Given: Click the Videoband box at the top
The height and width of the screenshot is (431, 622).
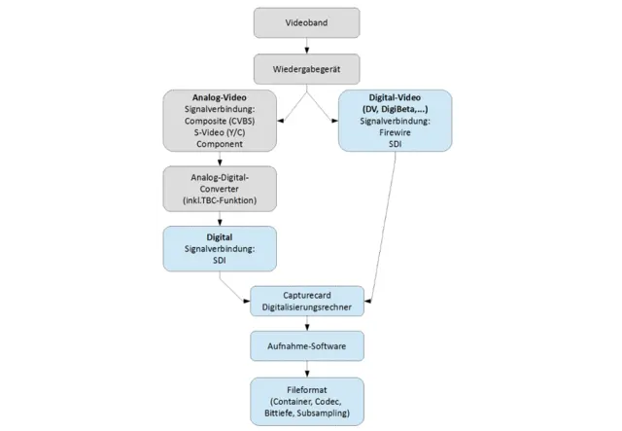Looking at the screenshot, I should coord(307,21).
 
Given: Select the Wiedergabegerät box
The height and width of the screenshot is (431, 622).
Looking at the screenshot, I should coord(307,68).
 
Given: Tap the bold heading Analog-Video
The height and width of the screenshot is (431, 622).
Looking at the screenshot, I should coord(219,99).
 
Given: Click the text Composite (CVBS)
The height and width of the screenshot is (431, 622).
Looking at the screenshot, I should coord(219,122).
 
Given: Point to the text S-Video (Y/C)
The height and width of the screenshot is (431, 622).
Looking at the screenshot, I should coord(219,132).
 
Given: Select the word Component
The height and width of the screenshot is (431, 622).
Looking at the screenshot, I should coord(219,144).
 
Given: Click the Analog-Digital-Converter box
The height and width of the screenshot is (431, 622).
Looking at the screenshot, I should coord(219,187).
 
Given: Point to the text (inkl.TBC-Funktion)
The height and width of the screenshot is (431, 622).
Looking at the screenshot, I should coord(219,200).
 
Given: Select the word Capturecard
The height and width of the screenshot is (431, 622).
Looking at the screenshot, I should coord(307,294).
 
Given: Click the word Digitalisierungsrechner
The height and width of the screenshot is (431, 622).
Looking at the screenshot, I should coord(307,306).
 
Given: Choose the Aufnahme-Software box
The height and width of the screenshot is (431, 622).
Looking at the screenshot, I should coord(307,346).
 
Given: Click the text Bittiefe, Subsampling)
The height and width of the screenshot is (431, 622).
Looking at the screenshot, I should coord(307,413).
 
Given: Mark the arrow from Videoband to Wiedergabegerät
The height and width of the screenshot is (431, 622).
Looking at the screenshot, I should coord(307,45).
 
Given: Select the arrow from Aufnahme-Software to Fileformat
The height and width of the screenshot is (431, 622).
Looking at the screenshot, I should coord(307,369).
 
